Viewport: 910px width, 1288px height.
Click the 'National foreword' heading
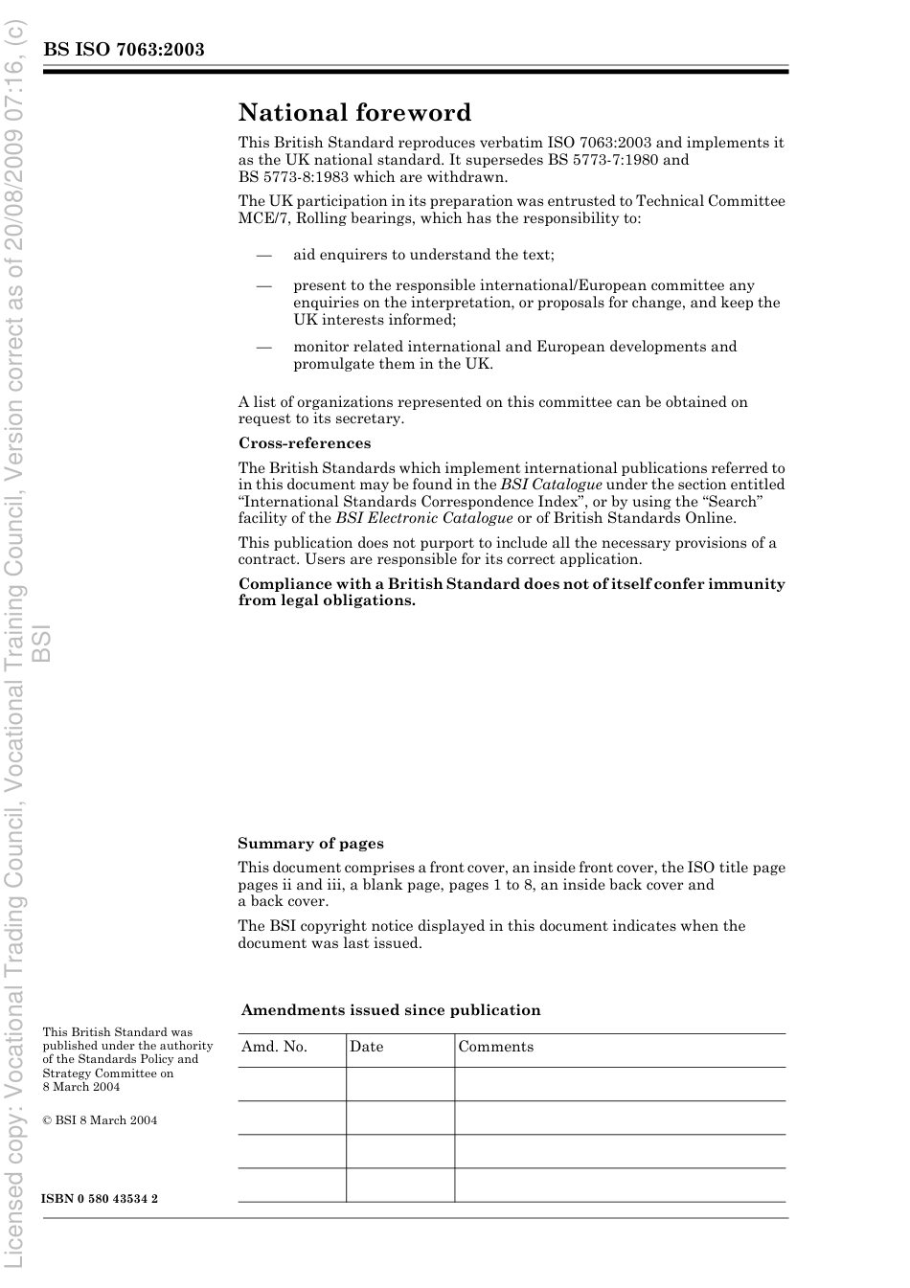point(354,113)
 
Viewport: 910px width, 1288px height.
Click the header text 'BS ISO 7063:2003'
point(124,50)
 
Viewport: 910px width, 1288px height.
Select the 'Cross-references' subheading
point(305,443)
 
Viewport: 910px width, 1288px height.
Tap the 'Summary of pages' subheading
point(310,844)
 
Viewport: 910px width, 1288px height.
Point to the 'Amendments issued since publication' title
point(391,1010)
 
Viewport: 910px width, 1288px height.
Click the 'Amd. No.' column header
point(274,1047)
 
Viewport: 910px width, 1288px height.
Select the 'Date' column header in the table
point(366,1047)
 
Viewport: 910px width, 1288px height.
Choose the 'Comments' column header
point(495,1047)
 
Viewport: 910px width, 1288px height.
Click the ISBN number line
point(101,1199)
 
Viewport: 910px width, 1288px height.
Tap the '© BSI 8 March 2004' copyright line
point(100,1120)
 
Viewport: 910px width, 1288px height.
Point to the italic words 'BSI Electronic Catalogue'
point(424,518)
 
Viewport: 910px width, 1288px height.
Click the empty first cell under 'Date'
point(399,1084)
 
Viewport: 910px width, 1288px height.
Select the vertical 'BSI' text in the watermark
point(41,644)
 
